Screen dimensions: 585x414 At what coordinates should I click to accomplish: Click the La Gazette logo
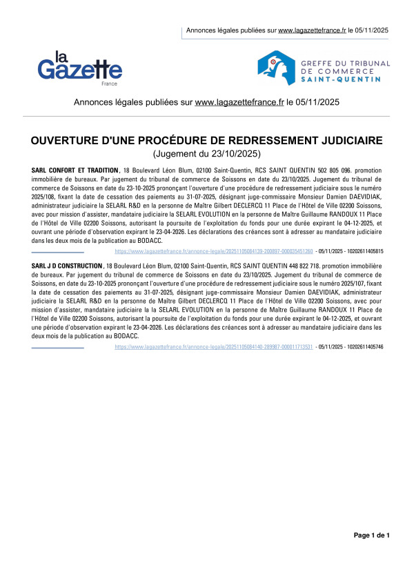[80, 67]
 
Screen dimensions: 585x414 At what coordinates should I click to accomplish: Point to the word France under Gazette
[109, 83]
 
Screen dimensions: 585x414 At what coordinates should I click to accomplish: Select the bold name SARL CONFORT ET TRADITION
[75, 170]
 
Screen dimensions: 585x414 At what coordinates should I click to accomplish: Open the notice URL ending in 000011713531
[213, 347]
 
